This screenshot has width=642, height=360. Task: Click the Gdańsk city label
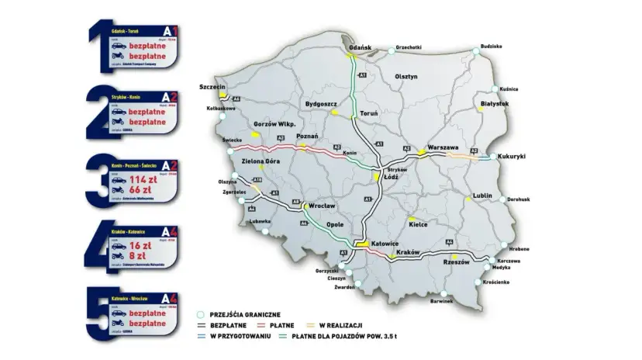361,47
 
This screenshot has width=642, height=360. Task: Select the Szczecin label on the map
212,86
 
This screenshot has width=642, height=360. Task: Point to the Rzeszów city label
456,262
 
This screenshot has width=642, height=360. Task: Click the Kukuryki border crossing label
513,157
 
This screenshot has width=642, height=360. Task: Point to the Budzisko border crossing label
492,46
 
